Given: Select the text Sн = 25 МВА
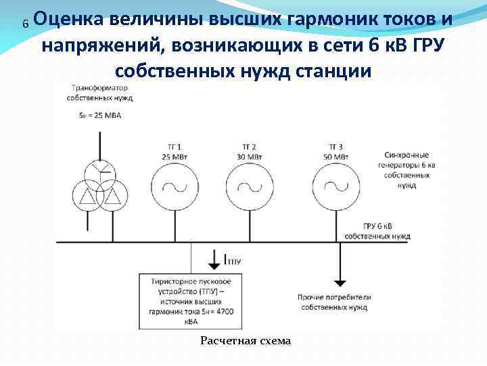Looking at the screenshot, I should click(x=94, y=115).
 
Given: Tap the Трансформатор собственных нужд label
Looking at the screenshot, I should click(x=100, y=93).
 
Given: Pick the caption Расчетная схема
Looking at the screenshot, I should click(x=245, y=341).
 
